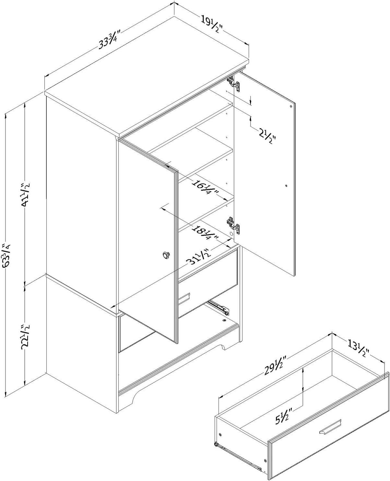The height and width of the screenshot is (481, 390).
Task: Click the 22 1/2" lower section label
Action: coord(26,329)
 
